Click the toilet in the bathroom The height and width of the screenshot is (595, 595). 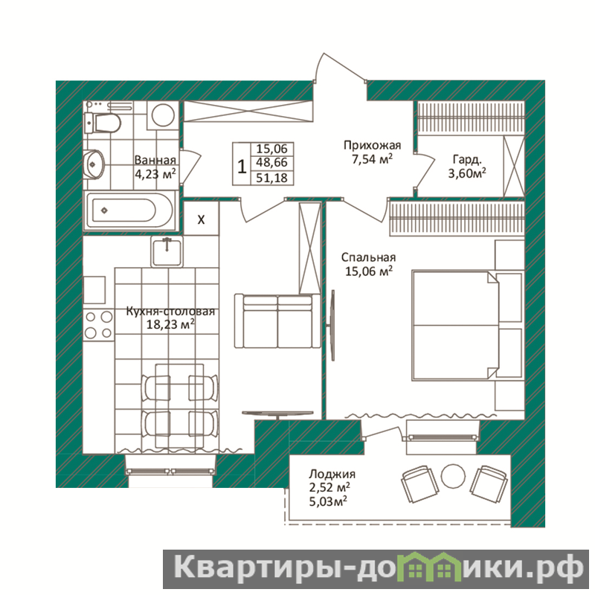tap(103, 123)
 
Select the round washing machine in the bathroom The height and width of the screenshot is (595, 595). tap(163, 115)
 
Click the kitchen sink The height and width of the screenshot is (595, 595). tap(167, 251)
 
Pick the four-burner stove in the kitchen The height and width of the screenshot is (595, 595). tap(98, 325)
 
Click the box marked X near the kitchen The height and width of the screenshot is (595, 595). tap(201, 219)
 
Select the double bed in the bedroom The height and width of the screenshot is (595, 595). tap(456, 325)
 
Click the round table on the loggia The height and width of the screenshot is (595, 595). tap(453, 476)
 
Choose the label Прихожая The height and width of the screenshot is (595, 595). tap(372, 145)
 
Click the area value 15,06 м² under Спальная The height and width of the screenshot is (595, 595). tap(368, 271)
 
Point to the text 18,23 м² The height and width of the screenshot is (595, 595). tap(171, 324)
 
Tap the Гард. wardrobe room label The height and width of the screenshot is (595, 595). tap(467, 159)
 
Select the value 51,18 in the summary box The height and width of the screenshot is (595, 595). tap(271, 178)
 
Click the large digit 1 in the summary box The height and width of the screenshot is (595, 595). tap(242, 167)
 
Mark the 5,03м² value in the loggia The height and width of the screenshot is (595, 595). tap(328, 501)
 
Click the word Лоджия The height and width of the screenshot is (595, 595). tap(332, 474)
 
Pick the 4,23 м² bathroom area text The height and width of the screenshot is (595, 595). tap(155, 174)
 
